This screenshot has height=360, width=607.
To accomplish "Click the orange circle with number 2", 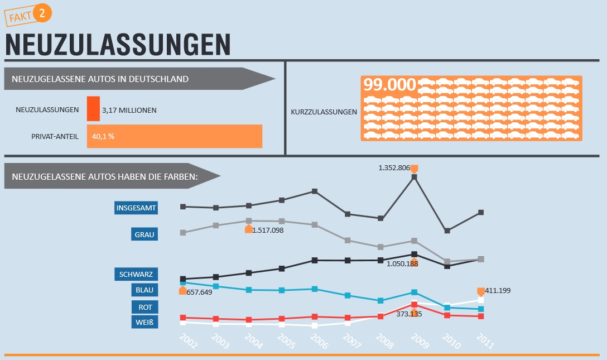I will point(42,13).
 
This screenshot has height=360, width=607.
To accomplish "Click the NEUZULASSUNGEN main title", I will point(118,45).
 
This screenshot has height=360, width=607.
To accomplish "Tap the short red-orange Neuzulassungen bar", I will point(93,108).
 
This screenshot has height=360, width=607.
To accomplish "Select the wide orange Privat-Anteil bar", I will point(175,136).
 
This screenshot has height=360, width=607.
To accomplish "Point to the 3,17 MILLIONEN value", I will point(129,110).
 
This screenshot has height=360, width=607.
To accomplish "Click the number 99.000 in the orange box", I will point(390,85).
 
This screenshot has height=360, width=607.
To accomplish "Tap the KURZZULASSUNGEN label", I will point(324,112).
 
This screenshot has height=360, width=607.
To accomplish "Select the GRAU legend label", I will point(144,234).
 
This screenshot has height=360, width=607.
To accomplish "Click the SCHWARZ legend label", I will point(136,274).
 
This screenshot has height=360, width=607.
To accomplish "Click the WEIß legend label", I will point(144,322).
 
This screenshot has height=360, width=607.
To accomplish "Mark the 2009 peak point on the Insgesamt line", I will point(414,177).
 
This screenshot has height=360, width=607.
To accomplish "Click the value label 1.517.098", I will point(268,230).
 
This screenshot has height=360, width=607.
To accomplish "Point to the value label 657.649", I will point(199,292).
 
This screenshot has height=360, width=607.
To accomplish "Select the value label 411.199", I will point(498,290).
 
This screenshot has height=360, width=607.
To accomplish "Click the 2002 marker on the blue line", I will point(182,283).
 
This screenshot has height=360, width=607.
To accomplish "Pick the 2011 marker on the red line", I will point(480,316).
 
